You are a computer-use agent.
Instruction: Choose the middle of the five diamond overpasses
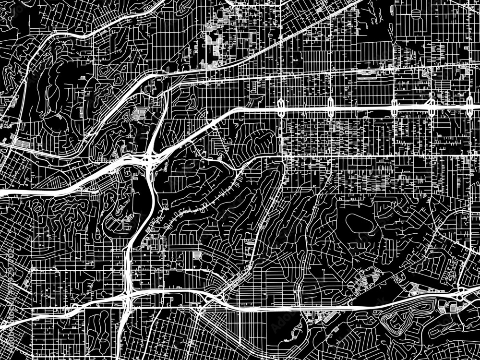[394, 107]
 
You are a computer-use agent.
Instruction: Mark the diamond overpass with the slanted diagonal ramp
[431, 106]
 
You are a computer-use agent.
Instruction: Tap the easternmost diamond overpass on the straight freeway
[469, 106]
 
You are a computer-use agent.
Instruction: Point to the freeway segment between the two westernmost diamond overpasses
[306, 108]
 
